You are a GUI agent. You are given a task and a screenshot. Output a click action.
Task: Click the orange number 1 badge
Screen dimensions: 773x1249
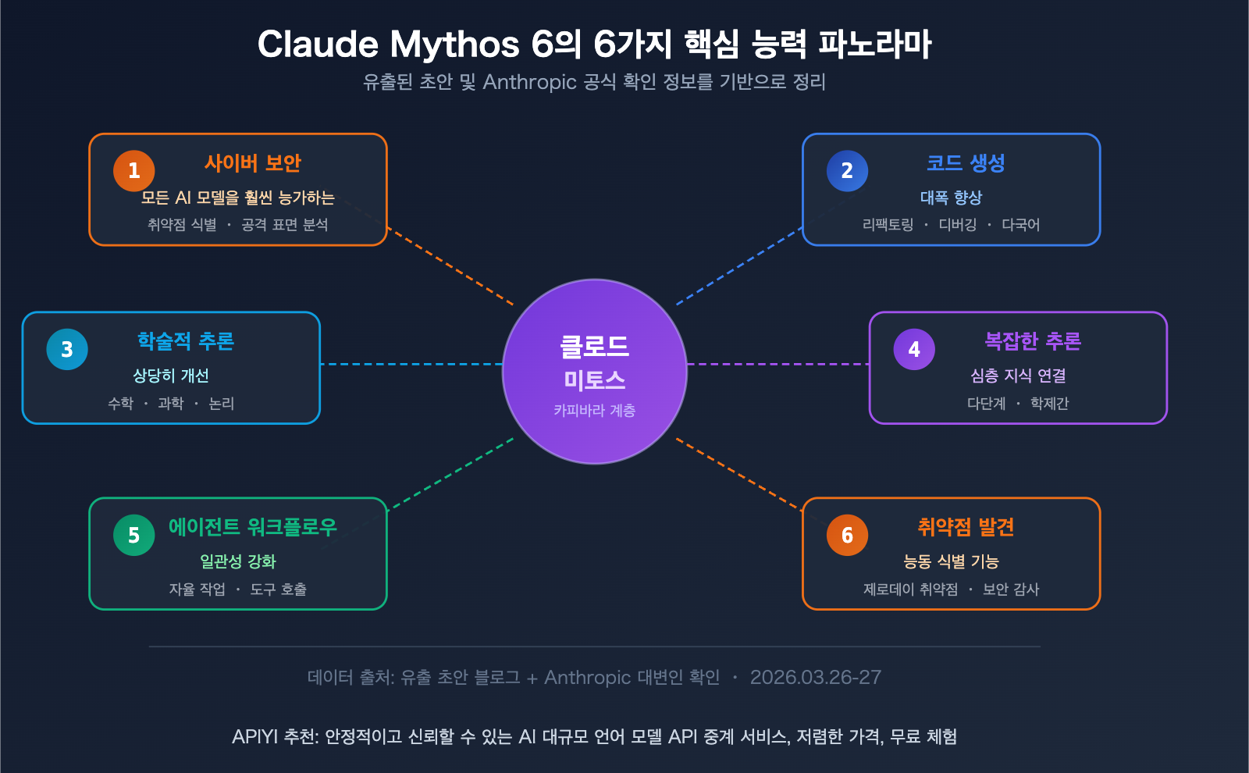click(133, 171)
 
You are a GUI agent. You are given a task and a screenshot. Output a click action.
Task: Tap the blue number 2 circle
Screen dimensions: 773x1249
click(847, 171)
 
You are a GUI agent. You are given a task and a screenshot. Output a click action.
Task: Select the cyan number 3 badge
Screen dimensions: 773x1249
click(67, 349)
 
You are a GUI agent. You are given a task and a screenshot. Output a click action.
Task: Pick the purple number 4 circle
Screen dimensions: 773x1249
click(914, 349)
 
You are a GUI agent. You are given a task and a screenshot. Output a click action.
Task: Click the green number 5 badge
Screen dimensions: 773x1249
click(133, 535)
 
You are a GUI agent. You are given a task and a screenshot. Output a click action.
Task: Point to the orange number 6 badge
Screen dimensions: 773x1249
click(847, 535)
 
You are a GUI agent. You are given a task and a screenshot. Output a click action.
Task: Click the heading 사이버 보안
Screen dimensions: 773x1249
click(252, 163)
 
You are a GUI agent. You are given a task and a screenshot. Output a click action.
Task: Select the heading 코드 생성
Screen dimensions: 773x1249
click(966, 163)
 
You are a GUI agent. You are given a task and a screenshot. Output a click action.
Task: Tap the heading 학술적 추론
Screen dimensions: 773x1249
click(186, 341)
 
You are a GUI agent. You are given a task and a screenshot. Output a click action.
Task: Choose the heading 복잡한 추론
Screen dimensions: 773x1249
click(1033, 341)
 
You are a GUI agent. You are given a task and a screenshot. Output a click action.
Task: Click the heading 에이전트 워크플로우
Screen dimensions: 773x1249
click(252, 527)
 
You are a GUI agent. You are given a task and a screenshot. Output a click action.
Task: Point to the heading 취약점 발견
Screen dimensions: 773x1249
click(966, 527)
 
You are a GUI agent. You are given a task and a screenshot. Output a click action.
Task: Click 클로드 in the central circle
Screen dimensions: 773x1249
click(594, 347)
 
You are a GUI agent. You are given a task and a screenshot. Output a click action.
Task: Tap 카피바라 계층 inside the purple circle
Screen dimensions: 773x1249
click(594, 410)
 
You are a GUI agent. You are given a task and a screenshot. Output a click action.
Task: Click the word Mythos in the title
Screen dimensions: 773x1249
click(454, 45)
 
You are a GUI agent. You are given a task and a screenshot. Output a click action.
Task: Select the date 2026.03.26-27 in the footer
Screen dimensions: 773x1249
click(815, 677)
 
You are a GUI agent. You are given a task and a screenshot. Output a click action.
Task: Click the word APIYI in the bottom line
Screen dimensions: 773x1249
click(254, 736)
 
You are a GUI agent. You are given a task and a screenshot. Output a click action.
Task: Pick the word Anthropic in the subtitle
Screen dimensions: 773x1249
click(529, 82)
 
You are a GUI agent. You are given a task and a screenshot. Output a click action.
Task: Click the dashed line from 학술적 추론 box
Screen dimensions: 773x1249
click(411, 364)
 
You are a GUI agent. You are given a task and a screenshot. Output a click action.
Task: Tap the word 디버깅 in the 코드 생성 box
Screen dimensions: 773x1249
click(957, 225)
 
